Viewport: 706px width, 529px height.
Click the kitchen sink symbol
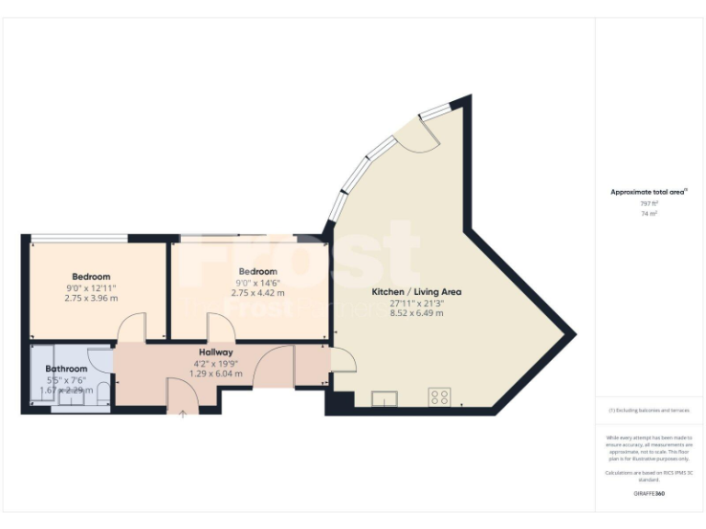coord(384,398)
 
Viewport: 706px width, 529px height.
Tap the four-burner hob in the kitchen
coord(439,398)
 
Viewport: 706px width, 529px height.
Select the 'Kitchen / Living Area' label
coord(416,292)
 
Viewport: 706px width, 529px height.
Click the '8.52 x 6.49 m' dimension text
coord(416,313)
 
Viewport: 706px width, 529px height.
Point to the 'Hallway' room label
coord(216,352)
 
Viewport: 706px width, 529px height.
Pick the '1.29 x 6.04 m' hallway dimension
coord(216,374)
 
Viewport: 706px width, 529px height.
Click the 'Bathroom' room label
coord(66,369)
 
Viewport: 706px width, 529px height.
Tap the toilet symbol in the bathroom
coord(102,393)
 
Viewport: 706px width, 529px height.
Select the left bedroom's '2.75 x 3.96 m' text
coord(91,298)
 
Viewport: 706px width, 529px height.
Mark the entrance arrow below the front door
coord(182,415)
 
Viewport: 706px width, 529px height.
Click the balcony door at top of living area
coord(425,135)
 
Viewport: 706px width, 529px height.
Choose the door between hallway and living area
coord(341,360)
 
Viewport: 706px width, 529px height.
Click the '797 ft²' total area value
coord(649,203)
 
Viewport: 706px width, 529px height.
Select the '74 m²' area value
coord(649,212)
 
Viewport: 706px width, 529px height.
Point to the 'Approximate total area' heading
coord(649,192)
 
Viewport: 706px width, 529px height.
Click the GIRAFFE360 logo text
coord(649,494)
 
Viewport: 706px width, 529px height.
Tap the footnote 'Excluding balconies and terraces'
coord(649,411)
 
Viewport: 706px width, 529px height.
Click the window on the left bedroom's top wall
coord(78,239)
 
